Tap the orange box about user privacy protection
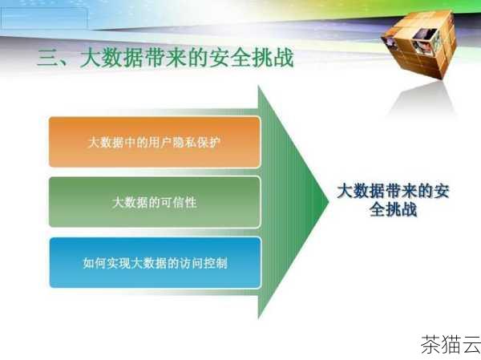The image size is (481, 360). click(155, 142)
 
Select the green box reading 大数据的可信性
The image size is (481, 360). click(155, 203)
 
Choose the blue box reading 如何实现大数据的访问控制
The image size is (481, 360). click(155, 262)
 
